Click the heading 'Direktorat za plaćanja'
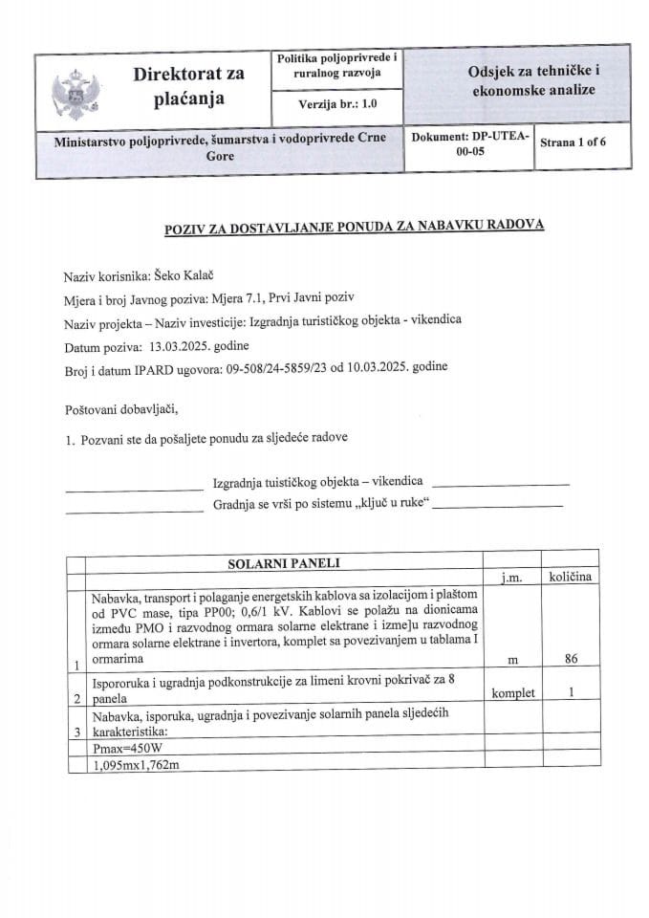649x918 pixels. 188,85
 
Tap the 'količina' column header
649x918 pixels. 570,578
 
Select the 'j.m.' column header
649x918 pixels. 507,579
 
